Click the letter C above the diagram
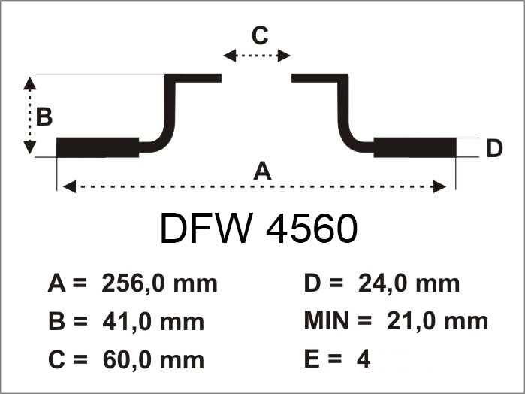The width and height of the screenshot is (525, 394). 260,35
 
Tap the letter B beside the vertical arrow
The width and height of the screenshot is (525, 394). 44,117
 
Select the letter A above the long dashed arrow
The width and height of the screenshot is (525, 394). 262,171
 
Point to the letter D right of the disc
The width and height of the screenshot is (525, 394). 494,149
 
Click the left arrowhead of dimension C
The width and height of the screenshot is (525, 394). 229,56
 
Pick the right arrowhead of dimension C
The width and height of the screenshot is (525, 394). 284,56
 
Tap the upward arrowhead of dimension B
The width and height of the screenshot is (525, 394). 30,83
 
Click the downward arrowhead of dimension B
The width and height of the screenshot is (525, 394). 30,147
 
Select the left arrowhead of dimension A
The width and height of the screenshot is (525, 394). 69,186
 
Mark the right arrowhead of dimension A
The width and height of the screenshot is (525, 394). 439,186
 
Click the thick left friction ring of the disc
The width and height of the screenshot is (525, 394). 98,147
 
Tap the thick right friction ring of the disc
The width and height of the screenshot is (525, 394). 415,147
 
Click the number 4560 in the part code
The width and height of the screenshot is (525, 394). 312,229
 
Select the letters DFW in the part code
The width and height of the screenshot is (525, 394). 205,229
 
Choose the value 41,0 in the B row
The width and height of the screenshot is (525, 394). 124,322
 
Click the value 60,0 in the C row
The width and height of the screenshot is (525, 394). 124,360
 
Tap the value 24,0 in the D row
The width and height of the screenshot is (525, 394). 380,283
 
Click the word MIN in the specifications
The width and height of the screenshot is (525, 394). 327,320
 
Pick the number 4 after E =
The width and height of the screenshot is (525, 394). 364,359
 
